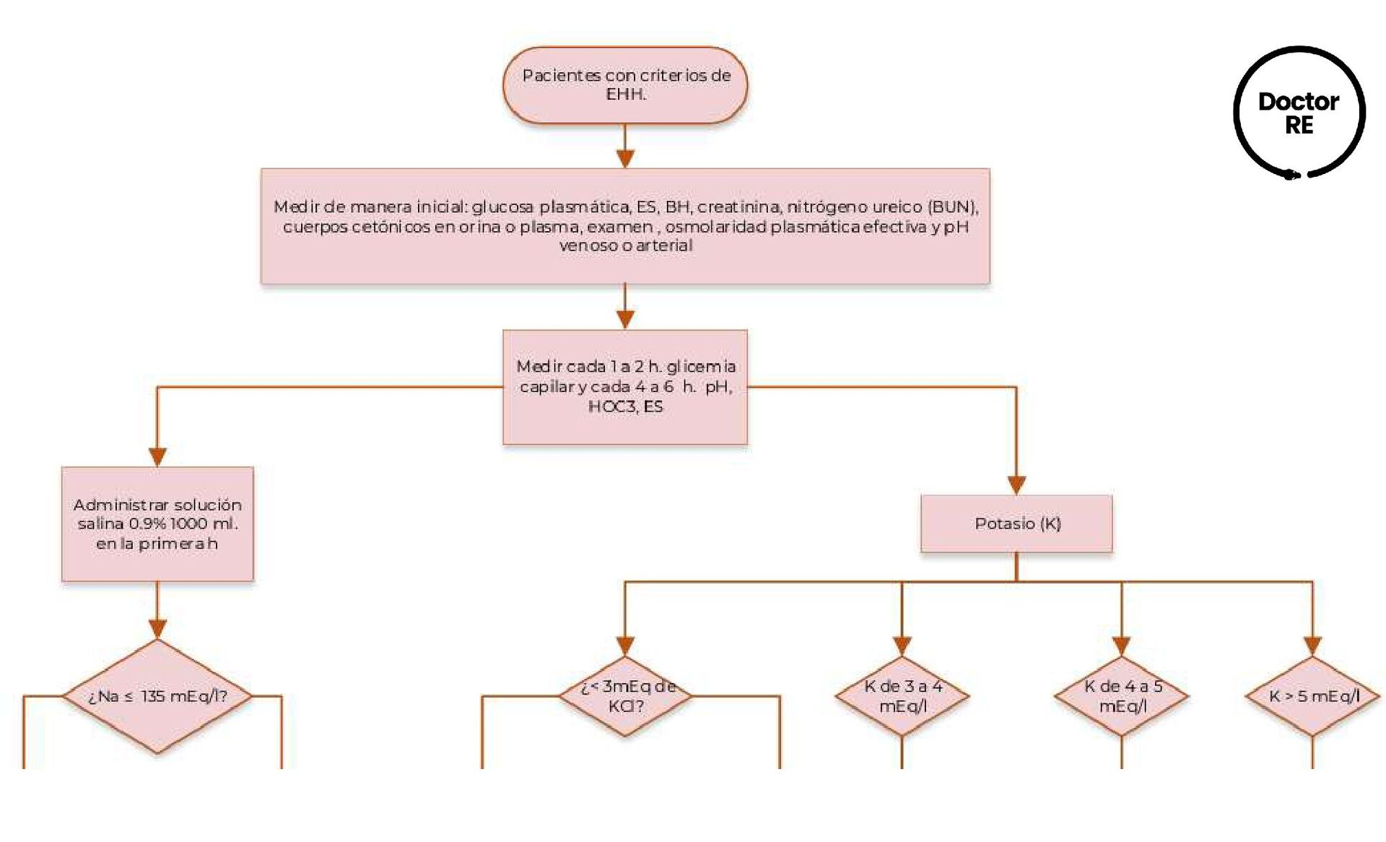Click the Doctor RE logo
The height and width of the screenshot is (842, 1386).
[x=1299, y=113]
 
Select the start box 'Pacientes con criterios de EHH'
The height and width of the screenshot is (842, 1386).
[x=625, y=85]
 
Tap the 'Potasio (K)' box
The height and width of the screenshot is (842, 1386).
[x=1016, y=524]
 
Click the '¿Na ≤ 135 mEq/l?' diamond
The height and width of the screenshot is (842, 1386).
[x=157, y=696]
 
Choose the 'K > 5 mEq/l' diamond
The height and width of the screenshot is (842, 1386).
[x=1313, y=696]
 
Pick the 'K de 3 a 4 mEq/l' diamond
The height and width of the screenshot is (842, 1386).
[x=902, y=696]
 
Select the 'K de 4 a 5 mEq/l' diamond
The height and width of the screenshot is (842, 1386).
[x=1122, y=696]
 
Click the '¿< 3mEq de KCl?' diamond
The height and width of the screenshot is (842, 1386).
[x=626, y=696]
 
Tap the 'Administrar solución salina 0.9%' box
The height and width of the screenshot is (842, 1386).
[x=157, y=524]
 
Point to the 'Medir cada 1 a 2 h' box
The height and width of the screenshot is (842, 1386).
[x=625, y=386]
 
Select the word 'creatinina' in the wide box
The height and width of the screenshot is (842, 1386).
[x=738, y=207]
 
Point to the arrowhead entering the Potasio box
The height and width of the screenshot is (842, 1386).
[x=1016, y=485]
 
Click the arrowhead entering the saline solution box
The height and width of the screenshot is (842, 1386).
[x=157, y=456]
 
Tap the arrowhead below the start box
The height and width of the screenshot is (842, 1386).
[x=625, y=158]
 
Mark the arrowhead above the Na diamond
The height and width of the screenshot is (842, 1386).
[x=157, y=628]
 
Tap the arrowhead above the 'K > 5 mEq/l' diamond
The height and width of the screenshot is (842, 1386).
[x=1312, y=645]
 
